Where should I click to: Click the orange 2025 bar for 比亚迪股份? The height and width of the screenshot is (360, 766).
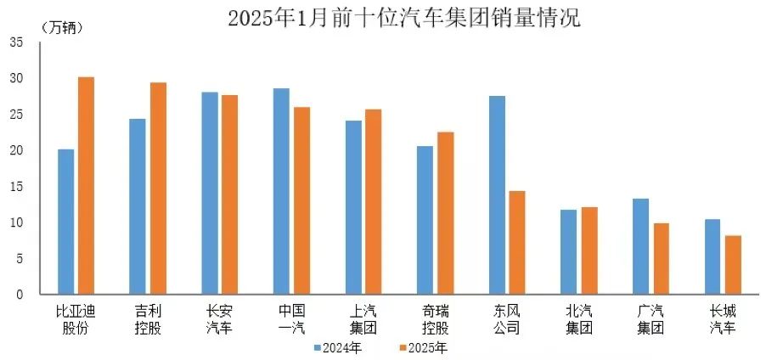pyautogui.click(x=86, y=186)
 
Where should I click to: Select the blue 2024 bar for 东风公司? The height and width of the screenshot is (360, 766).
pyautogui.click(x=498, y=195)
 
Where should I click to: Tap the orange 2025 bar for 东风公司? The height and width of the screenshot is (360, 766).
pyautogui.click(x=517, y=243)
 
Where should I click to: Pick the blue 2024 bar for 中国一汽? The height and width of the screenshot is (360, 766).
pyautogui.click(x=281, y=191)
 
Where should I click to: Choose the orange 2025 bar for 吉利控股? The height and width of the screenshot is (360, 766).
pyautogui.click(x=158, y=188)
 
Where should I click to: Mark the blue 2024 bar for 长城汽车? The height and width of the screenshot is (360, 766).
pyautogui.click(x=712, y=256)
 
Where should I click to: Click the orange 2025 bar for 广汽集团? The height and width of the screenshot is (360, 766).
pyautogui.click(x=661, y=259)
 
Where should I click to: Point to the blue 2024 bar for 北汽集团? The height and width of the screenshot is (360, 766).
pyautogui.click(x=569, y=252)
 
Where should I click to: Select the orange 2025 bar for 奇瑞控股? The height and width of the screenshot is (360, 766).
pyautogui.click(x=445, y=213)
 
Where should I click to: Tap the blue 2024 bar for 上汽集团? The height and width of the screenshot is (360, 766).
pyautogui.click(x=353, y=208)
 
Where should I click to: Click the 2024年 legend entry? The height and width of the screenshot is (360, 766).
pyautogui.click(x=337, y=347)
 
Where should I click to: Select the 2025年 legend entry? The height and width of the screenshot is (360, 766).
pyautogui.click(x=422, y=347)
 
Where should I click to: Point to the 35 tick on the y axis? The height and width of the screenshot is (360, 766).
pyautogui.click(x=18, y=42)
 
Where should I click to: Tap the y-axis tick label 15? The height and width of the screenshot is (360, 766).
pyautogui.click(x=18, y=187)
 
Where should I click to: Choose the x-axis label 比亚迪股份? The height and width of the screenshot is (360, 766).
pyautogui.click(x=76, y=318)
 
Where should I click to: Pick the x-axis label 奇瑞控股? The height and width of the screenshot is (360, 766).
pyautogui.click(x=437, y=318)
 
